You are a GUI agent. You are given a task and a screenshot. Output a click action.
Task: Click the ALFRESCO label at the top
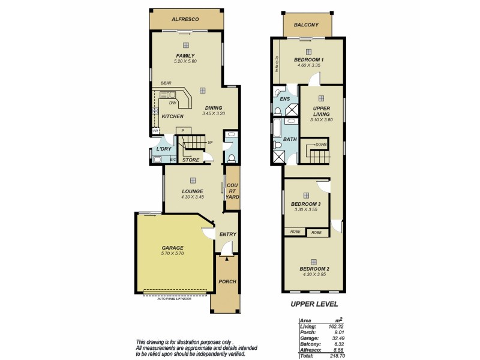pyautogui.click(x=185, y=19)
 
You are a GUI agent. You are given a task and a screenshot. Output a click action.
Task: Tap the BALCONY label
pyautogui.click(x=306, y=25)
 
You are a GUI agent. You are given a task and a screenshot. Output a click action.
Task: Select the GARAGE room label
pyautogui.click(x=172, y=248)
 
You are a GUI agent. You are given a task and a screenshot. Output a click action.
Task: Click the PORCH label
pyautogui.click(x=227, y=281)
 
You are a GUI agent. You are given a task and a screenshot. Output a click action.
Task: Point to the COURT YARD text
pyautogui.click(x=231, y=191)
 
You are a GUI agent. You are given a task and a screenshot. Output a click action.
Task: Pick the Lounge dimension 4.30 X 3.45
pyautogui.click(x=193, y=197)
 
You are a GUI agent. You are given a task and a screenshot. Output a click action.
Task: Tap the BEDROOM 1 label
pyautogui.click(x=309, y=60)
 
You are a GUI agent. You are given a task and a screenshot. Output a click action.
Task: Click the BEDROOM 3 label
pyautogui.click(x=306, y=204)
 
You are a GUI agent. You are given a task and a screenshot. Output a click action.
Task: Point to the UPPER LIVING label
pyautogui.click(x=322, y=112)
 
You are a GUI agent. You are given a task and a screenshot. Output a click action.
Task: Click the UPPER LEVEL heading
pyautogui.click(x=314, y=304)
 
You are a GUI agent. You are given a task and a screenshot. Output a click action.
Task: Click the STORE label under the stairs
pyautogui.click(x=191, y=160)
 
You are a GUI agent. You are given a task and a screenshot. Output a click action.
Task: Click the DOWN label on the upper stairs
pyautogui.click(x=321, y=145)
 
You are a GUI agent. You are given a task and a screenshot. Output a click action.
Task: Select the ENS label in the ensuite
pyautogui.click(x=285, y=99)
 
